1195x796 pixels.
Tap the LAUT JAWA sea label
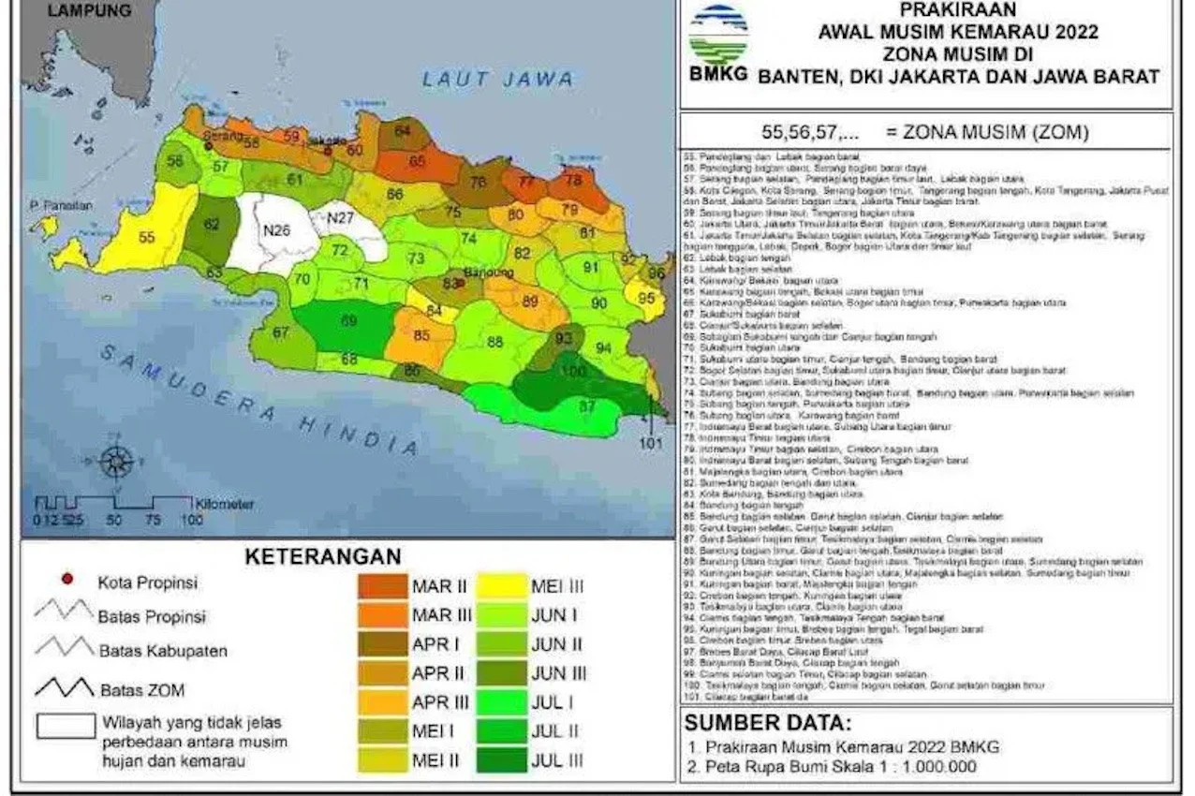tap(497, 80)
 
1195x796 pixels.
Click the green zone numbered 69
tap(348, 321)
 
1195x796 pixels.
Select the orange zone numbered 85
tap(421, 335)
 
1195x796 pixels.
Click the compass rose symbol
tap(117, 461)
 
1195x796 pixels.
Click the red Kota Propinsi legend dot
tap(66, 580)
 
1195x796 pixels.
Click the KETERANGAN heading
tap(323, 556)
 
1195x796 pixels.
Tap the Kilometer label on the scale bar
tap(225, 504)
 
